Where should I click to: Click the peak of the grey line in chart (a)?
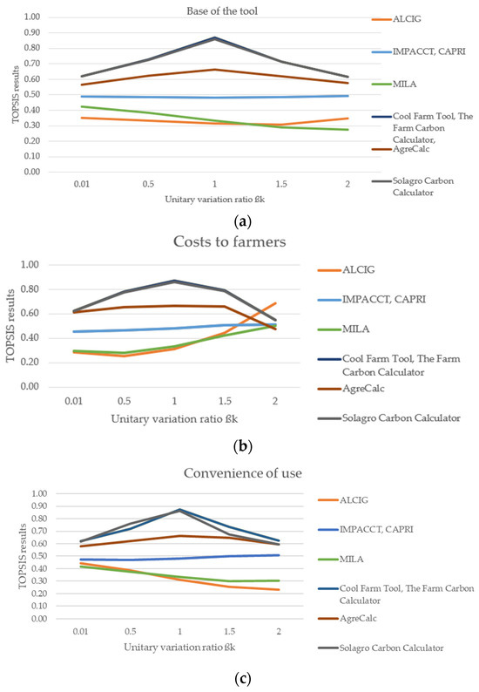click(x=215, y=38)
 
